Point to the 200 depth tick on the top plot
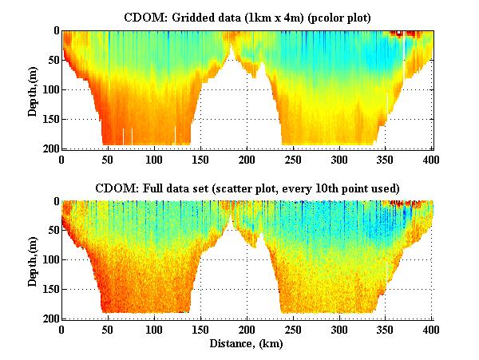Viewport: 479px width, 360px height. point(49,148)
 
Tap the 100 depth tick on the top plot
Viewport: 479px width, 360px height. point(49,89)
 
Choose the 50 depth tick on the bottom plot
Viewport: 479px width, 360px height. point(51,231)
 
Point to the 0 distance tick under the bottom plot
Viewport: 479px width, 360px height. point(61,330)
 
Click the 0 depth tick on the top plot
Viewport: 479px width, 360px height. point(54,31)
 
